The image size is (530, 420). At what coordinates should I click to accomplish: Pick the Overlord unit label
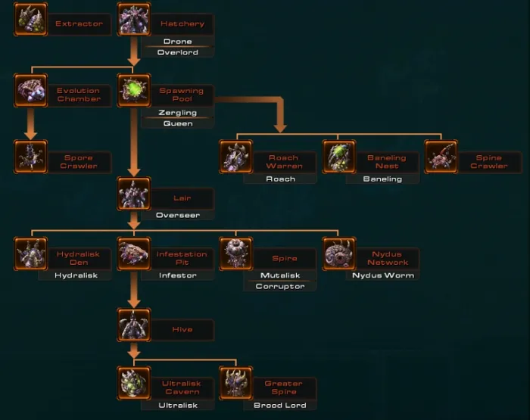[178, 53]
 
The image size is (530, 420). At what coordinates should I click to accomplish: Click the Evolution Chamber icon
[30, 90]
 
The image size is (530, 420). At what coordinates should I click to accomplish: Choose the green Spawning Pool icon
[134, 90]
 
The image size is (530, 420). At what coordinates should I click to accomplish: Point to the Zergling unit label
[178, 113]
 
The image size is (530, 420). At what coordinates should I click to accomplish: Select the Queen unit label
[178, 124]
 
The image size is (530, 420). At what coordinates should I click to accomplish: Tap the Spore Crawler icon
[30, 157]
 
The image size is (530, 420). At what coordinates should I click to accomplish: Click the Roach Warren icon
[236, 157]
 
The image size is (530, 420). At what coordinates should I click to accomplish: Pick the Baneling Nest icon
[339, 157]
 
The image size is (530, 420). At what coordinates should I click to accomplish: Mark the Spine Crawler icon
[441, 157]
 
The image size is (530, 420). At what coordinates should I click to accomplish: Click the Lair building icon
[134, 194]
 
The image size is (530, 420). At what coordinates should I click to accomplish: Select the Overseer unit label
[178, 216]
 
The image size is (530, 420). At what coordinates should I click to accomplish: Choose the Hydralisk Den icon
[30, 254]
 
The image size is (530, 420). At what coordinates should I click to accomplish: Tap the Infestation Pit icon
[134, 254]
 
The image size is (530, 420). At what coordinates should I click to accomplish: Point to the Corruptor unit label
[280, 287]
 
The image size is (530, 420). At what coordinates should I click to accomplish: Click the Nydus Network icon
[339, 254]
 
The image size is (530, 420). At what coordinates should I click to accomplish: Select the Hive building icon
[134, 325]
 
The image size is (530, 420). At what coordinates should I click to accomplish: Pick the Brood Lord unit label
[280, 406]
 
